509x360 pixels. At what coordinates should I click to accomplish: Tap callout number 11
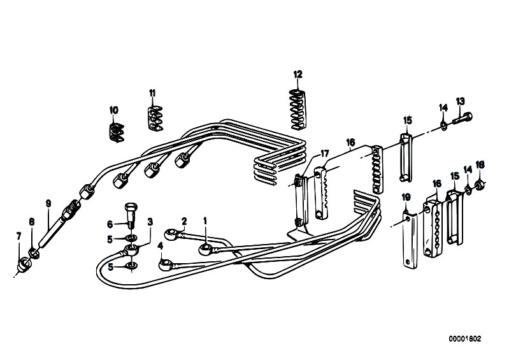(x=152, y=93)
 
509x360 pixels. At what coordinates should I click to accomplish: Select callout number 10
(x=113, y=110)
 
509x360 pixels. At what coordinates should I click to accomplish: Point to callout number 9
(x=48, y=204)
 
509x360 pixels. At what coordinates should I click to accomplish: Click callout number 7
(x=18, y=236)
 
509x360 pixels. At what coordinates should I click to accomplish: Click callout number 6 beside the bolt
(x=110, y=224)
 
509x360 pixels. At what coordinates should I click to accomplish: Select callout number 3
(x=150, y=221)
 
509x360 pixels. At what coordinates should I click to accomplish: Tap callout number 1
(x=205, y=221)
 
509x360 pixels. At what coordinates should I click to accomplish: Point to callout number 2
(x=183, y=221)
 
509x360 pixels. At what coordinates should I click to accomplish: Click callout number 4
(x=160, y=244)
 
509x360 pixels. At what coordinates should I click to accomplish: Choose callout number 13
(x=461, y=101)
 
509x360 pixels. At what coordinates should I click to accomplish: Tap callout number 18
(x=480, y=164)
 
